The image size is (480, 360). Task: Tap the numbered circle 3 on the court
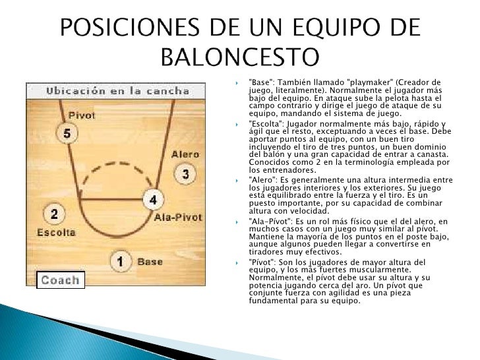(185, 174)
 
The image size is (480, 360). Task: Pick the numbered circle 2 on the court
(54, 214)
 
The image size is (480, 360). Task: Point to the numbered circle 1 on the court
(120, 262)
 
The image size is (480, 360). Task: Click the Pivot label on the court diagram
(82, 115)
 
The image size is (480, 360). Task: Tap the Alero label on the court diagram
(185, 154)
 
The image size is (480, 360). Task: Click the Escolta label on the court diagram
(56, 232)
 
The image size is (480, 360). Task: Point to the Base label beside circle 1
(150, 262)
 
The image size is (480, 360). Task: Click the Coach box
(60, 280)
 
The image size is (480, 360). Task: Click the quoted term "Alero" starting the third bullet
(263, 181)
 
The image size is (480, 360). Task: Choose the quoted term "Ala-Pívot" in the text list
(271, 221)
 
